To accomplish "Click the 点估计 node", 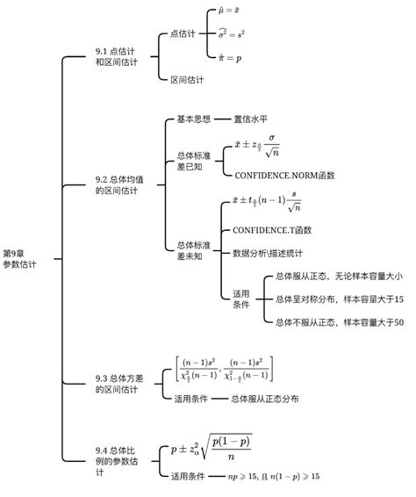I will pos(183,34).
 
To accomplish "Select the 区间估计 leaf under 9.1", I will pos(187,79).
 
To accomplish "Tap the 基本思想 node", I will pos(194,118).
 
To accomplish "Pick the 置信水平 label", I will pos(252,118).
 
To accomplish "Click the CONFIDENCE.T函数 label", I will pos(272,230).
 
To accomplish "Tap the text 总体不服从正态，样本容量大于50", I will pos(338,322).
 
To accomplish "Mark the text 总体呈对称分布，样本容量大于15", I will pos(338,299).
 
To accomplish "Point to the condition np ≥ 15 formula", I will pos(274,476).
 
